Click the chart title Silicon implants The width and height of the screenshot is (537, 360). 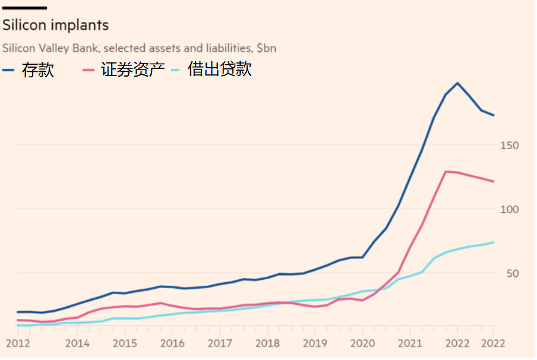pyautogui.click(x=56, y=26)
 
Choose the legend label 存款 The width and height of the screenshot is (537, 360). pyautogui.click(x=38, y=70)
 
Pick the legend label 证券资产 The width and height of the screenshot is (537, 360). pyautogui.click(x=132, y=70)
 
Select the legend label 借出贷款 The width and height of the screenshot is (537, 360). pyautogui.click(x=220, y=70)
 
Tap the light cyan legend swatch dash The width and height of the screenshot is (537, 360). pyautogui.click(x=176, y=70)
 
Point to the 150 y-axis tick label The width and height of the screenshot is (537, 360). pyautogui.click(x=510, y=146)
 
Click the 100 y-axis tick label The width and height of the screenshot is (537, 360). pyautogui.click(x=510, y=209)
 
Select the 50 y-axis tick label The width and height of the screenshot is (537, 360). pyautogui.click(x=513, y=273)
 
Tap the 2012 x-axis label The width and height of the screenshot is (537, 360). pyautogui.click(x=17, y=343)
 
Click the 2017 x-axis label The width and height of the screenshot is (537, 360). pyautogui.click(x=220, y=343)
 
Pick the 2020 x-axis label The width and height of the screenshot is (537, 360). pyautogui.click(x=362, y=343)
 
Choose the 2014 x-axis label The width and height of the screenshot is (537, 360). pyautogui.click(x=77, y=343)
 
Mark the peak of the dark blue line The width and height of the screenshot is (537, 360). pyautogui.click(x=457, y=83)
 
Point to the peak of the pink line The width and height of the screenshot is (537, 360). pyautogui.click(x=446, y=172)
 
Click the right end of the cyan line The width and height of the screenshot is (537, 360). pyautogui.click(x=494, y=242)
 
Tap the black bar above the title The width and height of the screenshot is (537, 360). pyautogui.click(x=24, y=8)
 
